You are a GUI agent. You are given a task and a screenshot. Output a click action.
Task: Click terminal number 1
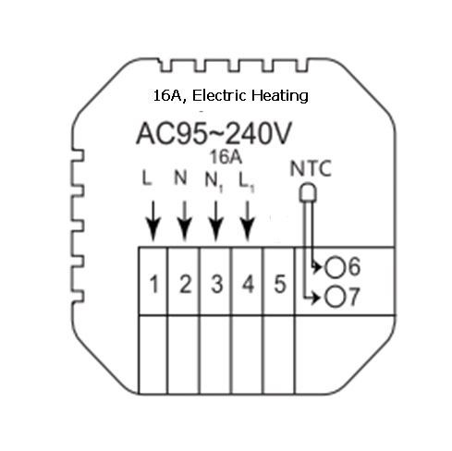point(153,285)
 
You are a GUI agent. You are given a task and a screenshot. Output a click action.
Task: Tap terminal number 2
point(186,284)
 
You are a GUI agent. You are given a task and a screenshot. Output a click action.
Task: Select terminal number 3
point(217,284)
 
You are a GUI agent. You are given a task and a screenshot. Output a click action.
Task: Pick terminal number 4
point(249,284)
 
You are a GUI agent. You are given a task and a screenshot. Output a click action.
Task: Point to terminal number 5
point(280,284)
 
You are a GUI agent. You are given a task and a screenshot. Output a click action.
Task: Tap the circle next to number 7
point(335,298)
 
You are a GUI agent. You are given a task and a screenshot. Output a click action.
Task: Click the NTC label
point(311,168)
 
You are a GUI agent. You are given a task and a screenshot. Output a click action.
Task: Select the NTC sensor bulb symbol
point(308,192)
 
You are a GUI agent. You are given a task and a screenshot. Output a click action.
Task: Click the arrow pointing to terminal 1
point(153,221)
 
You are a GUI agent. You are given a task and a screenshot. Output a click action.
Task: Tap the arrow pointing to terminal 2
point(185,221)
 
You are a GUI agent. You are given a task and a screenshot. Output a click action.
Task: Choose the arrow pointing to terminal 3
point(216,221)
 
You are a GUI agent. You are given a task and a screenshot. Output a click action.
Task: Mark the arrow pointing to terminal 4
point(248,221)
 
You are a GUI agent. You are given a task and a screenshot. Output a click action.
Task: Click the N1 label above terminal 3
point(214,182)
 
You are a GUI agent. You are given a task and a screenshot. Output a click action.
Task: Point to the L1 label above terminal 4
point(247,182)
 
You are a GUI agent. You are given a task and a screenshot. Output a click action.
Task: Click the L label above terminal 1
point(147,178)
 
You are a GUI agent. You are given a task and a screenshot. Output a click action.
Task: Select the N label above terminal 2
point(180,177)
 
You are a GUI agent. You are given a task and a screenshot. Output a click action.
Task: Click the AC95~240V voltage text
point(214,134)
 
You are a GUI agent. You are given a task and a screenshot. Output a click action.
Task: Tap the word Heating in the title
point(280,96)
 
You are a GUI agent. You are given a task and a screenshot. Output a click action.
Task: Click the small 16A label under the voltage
point(226,157)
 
